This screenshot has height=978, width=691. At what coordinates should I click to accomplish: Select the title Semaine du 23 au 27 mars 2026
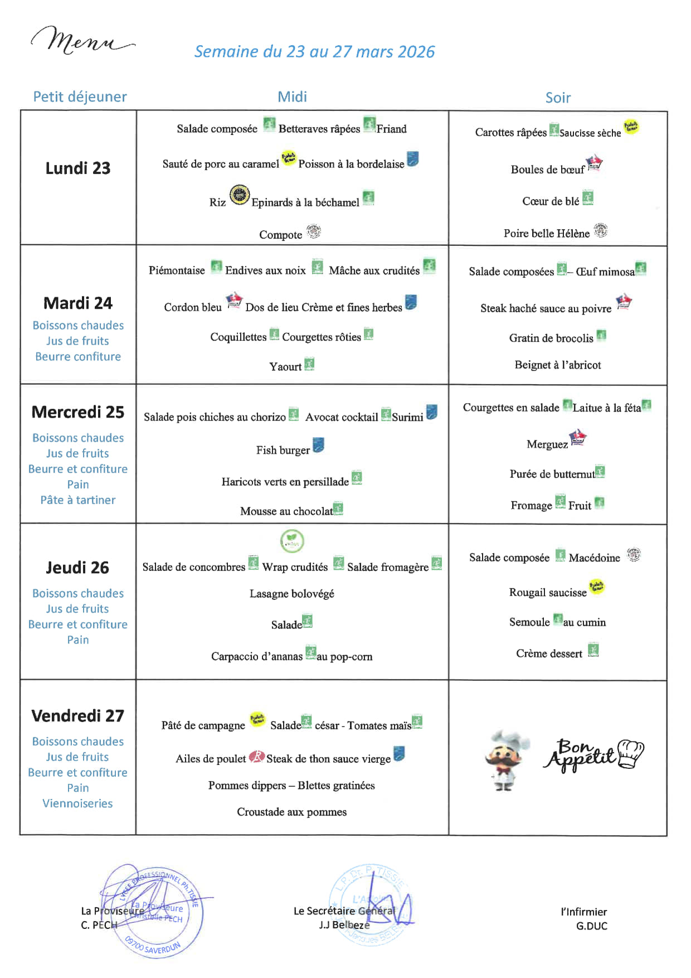[314, 52]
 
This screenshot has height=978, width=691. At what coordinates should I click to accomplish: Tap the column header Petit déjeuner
[80, 97]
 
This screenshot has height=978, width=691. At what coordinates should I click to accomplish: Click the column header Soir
[558, 98]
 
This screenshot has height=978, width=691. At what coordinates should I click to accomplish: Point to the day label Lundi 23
[78, 168]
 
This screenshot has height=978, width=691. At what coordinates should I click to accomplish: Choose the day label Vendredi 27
[78, 716]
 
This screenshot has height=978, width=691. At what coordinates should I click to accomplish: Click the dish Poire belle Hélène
[546, 234]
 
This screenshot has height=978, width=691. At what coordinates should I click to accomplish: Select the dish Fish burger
[283, 451]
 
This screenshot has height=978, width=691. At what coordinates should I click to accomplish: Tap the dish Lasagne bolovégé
[291, 594]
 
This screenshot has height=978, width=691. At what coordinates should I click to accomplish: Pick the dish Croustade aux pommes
[291, 812]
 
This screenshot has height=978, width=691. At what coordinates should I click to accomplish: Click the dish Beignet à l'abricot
[557, 365]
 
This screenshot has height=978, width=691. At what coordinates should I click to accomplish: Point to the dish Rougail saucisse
[548, 593]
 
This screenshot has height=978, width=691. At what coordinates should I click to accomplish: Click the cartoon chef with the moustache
[507, 760]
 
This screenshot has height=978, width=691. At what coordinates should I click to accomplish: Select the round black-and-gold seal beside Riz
[240, 195]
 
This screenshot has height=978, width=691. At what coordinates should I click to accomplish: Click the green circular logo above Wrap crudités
[292, 541]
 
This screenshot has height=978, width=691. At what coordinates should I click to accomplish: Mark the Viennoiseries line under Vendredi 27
[77, 803]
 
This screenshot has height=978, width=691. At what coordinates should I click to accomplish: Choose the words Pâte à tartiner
[78, 500]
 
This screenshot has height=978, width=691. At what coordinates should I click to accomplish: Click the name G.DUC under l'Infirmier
[591, 926]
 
